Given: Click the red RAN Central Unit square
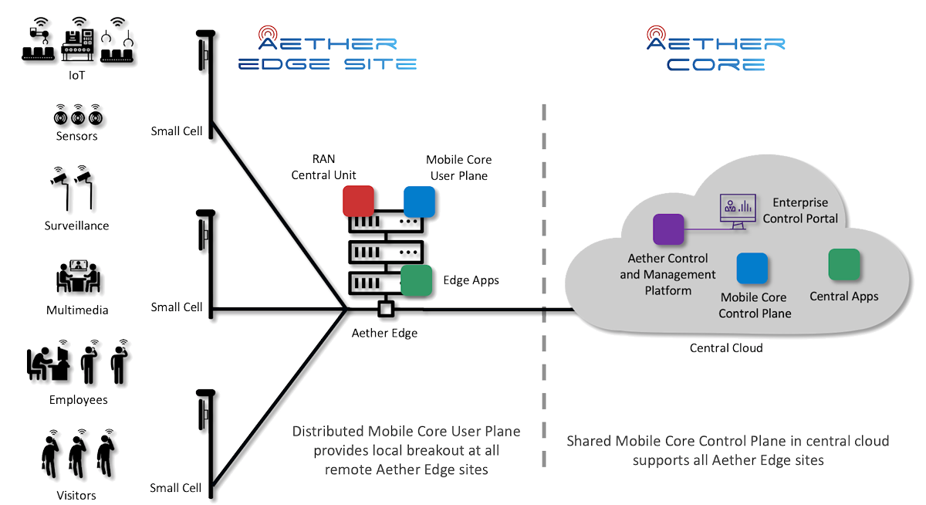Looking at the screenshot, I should [x=358, y=201].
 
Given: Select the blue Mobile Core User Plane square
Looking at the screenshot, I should [x=419, y=201].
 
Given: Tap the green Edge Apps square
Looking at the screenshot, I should [x=416, y=280].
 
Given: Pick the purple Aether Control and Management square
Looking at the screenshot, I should [x=668, y=229].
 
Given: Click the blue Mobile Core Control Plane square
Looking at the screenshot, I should [x=752, y=268].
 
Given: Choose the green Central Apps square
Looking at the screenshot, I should [x=843, y=264].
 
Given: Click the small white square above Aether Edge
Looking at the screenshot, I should [x=385, y=310].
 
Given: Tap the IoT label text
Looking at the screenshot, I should [x=76, y=76].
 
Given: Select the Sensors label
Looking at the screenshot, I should [x=76, y=137].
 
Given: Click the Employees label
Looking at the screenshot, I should [x=78, y=400].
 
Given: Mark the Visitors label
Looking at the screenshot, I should [x=76, y=495].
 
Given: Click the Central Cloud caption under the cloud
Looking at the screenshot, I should [x=725, y=348].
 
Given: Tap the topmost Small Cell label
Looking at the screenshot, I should [x=176, y=131].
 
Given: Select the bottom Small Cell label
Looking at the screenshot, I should [x=176, y=488].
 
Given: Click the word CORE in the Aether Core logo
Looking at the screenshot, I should [x=716, y=63].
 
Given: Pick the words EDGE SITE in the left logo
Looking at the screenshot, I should [x=327, y=63].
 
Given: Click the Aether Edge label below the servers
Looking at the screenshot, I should [x=384, y=334].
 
